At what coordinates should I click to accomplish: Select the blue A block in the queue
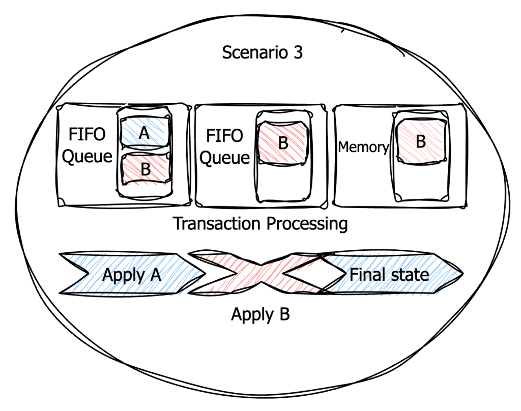(144, 133)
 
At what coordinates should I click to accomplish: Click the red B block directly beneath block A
(146, 169)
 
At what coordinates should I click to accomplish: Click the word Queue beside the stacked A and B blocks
(86, 156)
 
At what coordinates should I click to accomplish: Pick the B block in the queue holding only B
(283, 143)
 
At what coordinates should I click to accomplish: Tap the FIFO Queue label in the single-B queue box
(224, 147)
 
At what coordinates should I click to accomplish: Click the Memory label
(363, 148)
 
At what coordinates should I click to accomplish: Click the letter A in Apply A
(155, 275)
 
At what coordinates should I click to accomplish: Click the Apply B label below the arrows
(260, 315)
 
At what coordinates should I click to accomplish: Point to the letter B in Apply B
(284, 315)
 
